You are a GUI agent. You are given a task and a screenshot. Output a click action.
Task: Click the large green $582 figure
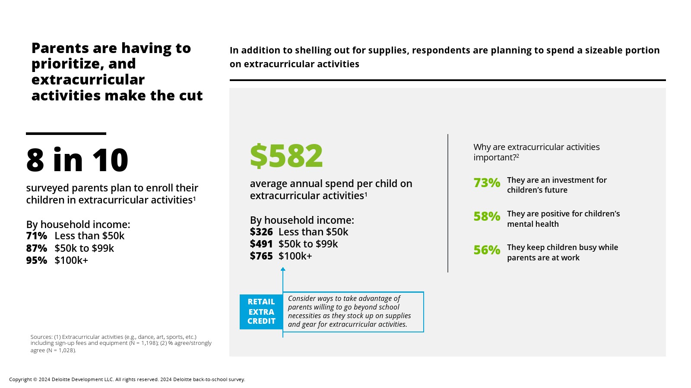tap(286, 156)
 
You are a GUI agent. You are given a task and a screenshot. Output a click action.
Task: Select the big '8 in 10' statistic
tap(77, 160)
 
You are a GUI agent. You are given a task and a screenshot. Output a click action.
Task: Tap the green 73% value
tap(487, 183)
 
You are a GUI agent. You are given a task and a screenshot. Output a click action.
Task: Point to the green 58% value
tap(487, 216)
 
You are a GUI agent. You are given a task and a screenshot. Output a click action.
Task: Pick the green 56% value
tap(487, 250)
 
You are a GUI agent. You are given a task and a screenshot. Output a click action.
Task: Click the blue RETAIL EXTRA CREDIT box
tap(261, 311)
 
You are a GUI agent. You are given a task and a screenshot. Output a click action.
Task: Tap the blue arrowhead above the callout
tap(283, 269)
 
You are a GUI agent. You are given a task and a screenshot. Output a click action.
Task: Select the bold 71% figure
tap(37, 236)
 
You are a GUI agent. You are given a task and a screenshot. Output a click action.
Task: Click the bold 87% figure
tap(37, 248)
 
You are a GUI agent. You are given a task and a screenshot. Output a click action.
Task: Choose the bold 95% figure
tap(37, 260)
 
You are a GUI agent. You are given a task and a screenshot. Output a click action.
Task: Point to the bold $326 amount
tap(261, 232)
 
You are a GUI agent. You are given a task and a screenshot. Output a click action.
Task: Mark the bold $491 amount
tap(261, 244)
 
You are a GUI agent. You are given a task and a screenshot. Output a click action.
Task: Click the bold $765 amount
tap(261, 256)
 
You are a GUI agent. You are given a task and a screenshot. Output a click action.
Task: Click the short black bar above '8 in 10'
tap(66, 134)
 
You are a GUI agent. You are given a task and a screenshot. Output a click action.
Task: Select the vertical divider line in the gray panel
tap(448, 203)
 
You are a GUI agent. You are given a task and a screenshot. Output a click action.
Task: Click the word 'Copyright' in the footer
tap(20, 380)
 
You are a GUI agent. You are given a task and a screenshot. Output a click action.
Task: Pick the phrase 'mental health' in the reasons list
tap(533, 224)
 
